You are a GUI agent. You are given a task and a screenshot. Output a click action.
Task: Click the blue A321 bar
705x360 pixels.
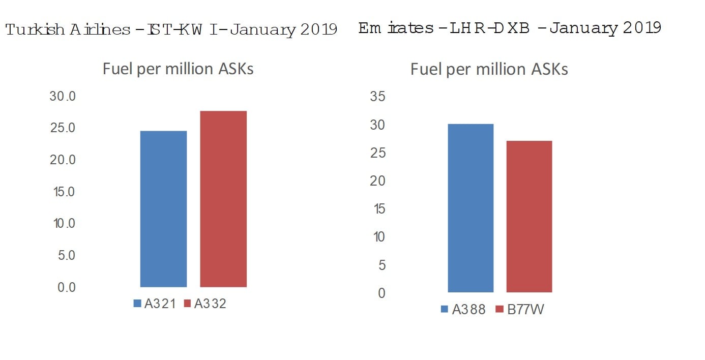163,209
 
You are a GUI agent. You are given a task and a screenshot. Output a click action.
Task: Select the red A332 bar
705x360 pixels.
223,199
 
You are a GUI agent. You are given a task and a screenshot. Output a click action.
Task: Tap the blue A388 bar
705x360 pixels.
471,208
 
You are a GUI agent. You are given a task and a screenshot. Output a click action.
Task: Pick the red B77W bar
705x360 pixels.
529,216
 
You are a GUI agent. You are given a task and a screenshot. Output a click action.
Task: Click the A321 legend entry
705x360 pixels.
155,304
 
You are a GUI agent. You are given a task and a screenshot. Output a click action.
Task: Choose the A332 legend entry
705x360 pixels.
205,304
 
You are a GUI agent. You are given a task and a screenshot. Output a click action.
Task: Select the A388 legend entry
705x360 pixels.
463,309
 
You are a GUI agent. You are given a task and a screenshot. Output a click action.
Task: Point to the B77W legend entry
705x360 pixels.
519,309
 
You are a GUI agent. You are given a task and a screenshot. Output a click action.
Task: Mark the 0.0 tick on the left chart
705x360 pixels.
66,287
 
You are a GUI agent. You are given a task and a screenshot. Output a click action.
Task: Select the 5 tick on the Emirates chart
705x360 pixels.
381,265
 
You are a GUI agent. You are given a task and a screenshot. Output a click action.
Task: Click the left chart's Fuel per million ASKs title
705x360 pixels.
178,69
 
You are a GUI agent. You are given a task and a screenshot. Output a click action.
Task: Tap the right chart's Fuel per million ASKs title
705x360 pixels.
489,69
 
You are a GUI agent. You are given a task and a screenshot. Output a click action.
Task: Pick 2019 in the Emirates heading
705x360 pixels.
642,27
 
